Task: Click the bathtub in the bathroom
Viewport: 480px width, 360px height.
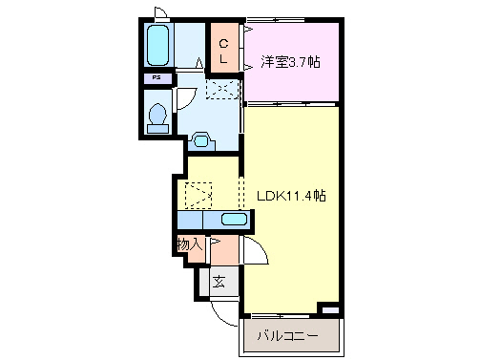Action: coord(158,45)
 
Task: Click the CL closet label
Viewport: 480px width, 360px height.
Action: coord(223,51)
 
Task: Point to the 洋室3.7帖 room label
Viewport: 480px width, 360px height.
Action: coord(292,62)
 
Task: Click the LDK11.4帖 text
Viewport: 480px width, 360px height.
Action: coord(292,195)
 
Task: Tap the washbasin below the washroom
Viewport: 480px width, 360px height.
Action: coord(201,139)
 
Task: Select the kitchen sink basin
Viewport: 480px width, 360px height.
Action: coord(233,220)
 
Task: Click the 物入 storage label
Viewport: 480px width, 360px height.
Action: coord(190,244)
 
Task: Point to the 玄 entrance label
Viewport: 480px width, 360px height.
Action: coord(219,282)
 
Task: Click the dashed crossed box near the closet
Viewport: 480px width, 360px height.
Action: coord(221,89)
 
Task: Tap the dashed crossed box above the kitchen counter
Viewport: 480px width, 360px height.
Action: coord(199,196)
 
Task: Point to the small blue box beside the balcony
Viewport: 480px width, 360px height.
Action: coord(329,310)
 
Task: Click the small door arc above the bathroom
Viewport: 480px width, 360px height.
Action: coord(162,13)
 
